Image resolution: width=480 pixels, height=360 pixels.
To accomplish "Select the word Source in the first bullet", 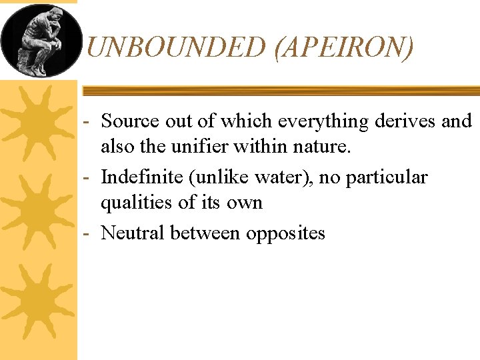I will [x=131, y=121].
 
